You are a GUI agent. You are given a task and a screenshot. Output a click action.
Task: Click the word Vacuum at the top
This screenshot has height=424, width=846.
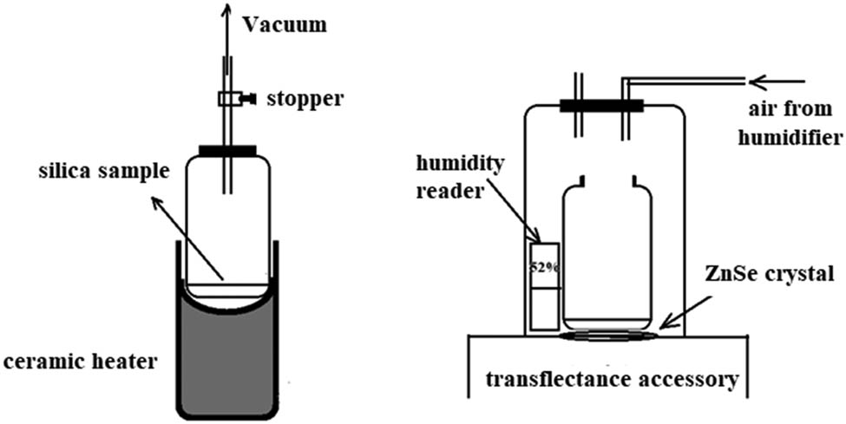pos(284,24)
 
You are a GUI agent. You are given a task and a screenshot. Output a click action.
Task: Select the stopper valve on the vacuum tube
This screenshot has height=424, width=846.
pos(232,100)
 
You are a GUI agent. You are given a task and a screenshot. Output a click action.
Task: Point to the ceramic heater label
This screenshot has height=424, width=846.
pos(79,361)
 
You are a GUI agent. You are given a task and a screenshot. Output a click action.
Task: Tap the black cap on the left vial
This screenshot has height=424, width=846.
pos(228,151)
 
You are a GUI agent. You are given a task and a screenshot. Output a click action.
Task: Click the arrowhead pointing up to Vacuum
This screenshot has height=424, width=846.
pos(228,11)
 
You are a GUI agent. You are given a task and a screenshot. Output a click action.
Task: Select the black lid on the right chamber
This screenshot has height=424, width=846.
pos(601,107)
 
